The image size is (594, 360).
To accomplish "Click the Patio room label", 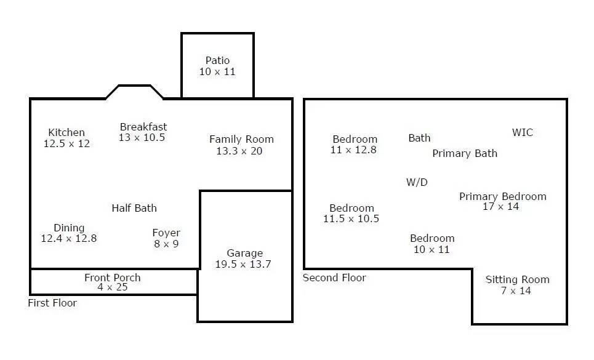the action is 217,60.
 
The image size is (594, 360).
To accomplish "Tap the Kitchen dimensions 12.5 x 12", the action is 66,144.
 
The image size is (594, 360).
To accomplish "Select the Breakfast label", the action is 143,127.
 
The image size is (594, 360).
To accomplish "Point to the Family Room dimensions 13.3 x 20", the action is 239,151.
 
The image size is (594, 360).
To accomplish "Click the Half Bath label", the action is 134,208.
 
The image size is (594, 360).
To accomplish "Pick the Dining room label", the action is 69,228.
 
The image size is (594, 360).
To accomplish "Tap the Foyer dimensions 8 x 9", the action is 166,244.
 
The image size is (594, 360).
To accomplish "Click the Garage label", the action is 245,253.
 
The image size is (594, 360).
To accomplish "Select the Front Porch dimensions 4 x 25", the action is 113,287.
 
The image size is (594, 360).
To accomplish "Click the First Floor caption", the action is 52,303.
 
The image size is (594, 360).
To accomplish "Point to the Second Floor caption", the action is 334,278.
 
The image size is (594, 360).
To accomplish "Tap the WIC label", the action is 523,132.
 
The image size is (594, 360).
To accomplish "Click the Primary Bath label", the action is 465,153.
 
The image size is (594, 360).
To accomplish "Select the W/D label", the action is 417,182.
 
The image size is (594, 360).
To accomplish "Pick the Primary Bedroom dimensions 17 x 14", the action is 501,207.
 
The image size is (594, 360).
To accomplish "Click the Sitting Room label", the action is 518,280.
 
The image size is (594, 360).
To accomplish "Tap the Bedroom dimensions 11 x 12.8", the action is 353,150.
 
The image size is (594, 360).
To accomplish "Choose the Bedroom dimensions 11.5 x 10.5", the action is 351,219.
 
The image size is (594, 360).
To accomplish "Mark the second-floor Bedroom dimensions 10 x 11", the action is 431,249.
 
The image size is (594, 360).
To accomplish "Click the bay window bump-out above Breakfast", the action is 134,86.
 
